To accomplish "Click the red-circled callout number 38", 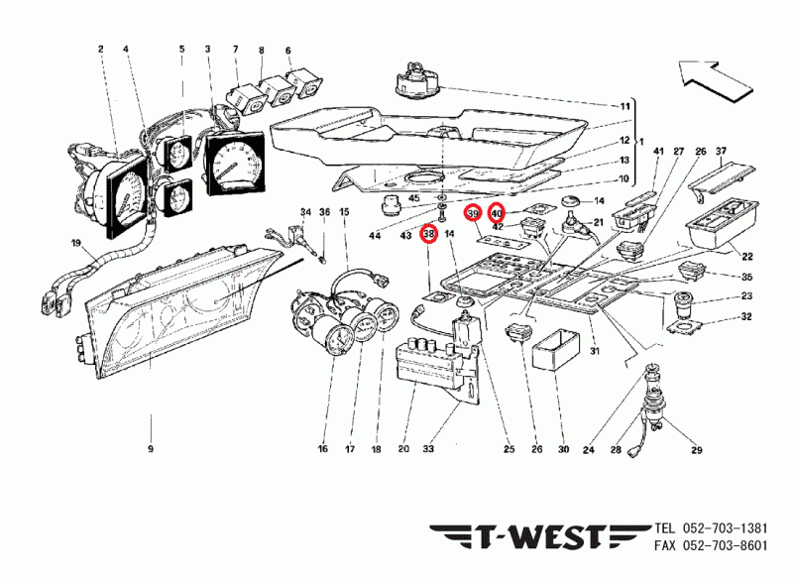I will tap(428, 234).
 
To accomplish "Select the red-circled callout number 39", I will tap(474, 214).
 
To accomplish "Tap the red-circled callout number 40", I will tap(497, 212).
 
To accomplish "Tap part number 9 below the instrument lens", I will tap(151, 449).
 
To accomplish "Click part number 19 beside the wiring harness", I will tap(74, 243).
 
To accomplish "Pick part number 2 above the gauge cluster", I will tap(100, 49).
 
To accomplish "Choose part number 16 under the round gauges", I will tap(322, 449).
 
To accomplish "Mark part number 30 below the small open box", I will tap(563, 449).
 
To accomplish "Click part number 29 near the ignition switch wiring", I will tap(696, 451).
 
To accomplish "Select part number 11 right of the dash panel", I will tap(625, 106).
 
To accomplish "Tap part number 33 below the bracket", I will tap(429, 449).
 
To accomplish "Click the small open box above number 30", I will tap(554, 352).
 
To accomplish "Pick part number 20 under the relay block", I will tap(403, 449).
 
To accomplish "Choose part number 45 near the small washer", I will tap(413, 199).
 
